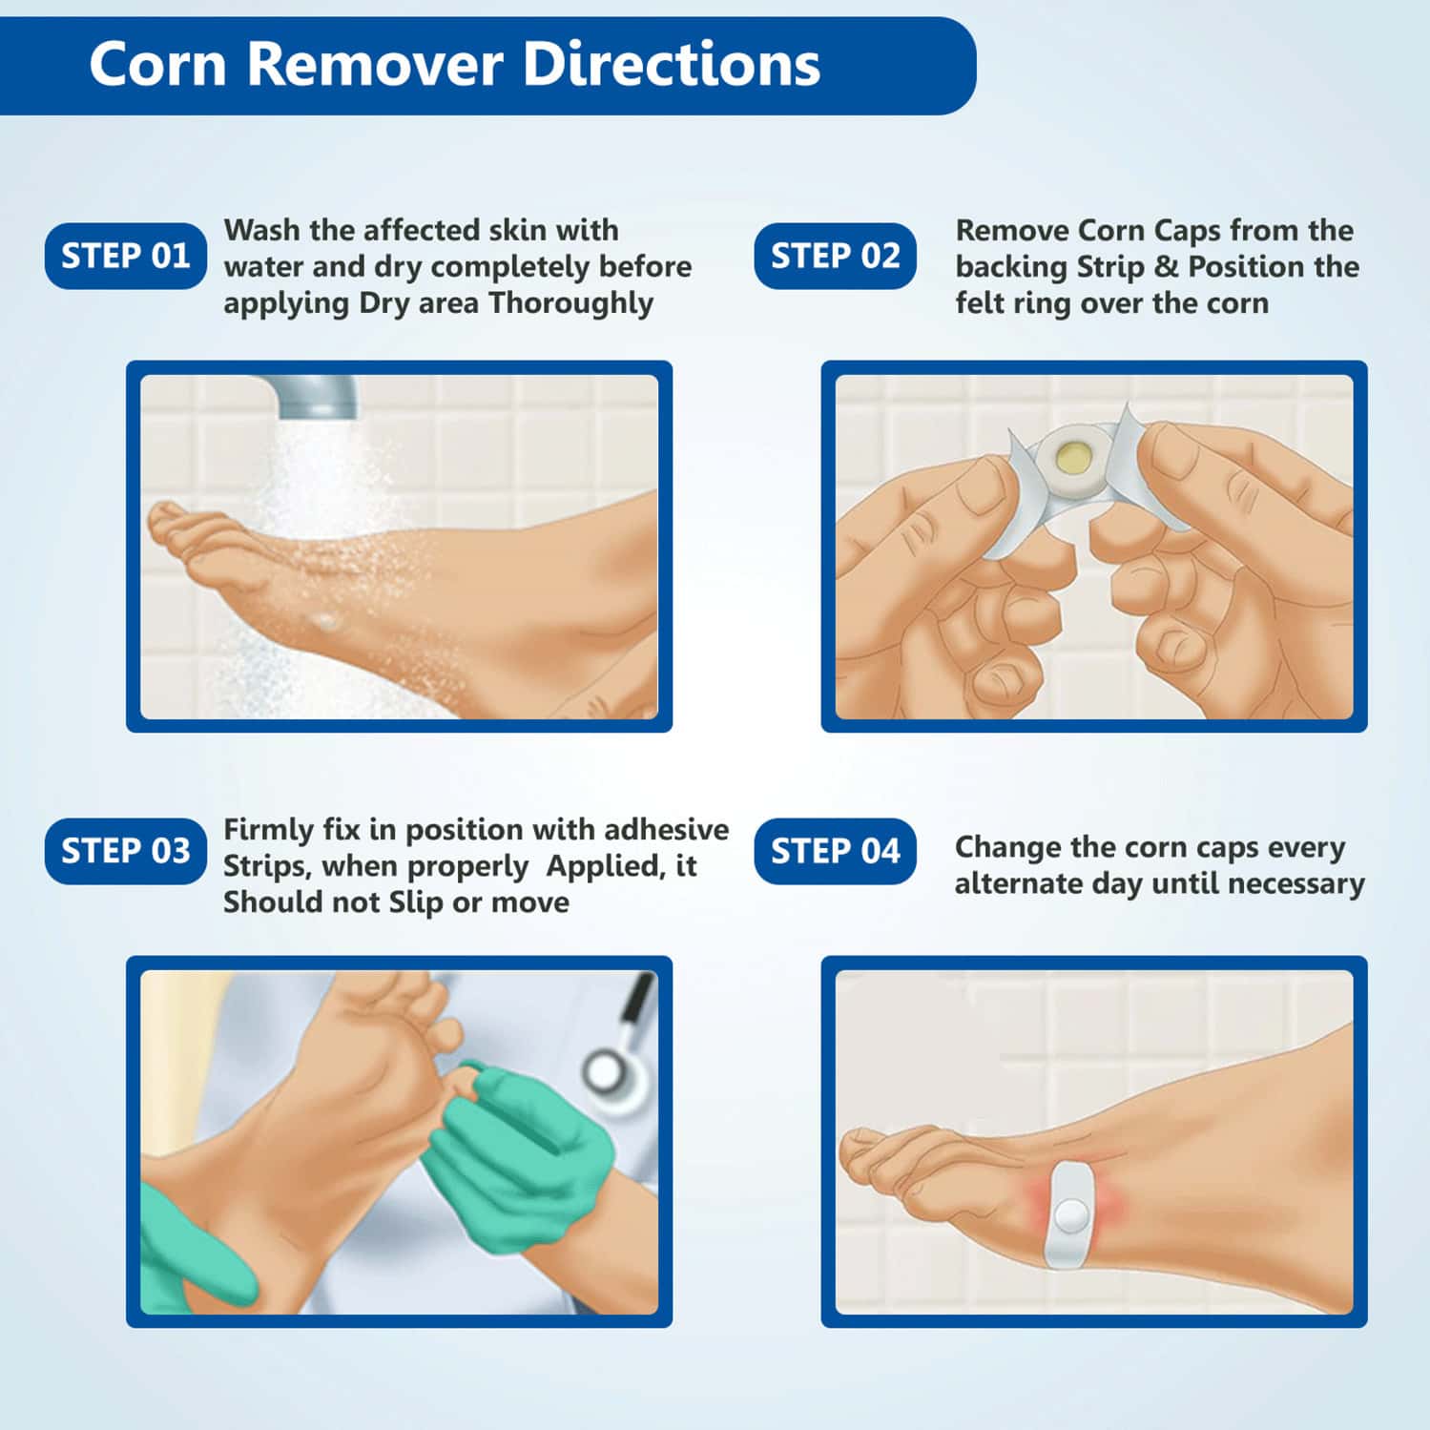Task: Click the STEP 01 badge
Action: [x=125, y=256]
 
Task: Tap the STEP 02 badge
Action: [x=835, y=256]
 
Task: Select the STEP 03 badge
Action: [x=125, y=851]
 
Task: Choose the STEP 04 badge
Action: [x=835, y=851]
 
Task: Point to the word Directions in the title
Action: [x=673, y=65]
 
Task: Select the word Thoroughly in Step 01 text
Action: [x=571, y=304]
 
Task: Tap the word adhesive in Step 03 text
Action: [x=667, y=829]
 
